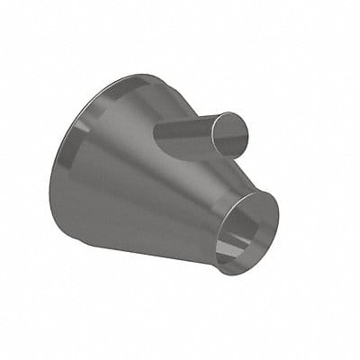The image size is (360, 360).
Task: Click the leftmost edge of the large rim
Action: click(x=50, y=180)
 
